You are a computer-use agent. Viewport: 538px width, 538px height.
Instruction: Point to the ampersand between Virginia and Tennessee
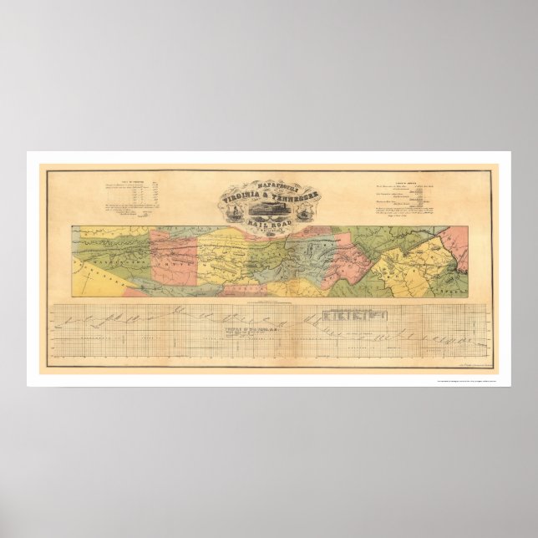[x=270, y=197]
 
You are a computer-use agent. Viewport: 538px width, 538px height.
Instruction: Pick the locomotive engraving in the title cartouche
[x=270, y=210]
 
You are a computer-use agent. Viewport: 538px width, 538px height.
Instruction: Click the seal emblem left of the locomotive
[x=237, y=211]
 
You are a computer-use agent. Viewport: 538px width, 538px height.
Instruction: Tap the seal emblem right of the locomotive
[x=302, y=211]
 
